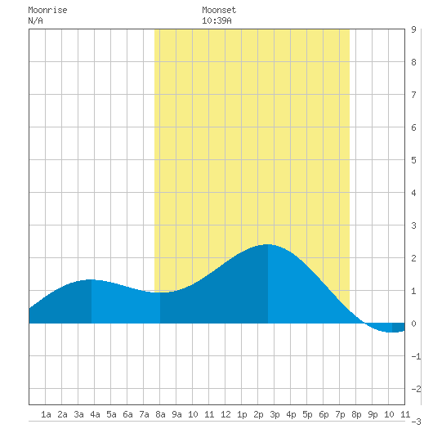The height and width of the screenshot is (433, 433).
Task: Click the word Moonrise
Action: (x=47, y=11)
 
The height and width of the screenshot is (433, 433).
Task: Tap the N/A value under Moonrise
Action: (x=36, y=20)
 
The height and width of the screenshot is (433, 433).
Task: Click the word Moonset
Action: (x=219, y=11)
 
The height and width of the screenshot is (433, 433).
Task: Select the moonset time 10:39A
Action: (x=216, y=20)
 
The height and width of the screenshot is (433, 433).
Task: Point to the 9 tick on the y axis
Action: (x=413, y=29)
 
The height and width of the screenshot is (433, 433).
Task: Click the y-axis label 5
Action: (x=413, y=160)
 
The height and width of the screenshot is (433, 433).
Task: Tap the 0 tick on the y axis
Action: (x=413, y=324)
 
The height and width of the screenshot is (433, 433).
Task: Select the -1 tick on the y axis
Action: (x=416, y=356)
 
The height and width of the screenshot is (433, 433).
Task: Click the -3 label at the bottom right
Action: (x=416, y=422)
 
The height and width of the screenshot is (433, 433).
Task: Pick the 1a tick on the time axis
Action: (x=46, y=414)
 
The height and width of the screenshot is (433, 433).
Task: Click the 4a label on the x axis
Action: (x=95, y=414)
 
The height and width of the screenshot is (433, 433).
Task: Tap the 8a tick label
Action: (x=160, y=414)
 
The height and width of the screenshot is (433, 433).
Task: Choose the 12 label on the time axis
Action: (x=225, y=414)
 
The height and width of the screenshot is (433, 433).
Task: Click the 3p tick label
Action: (x=275, y=414)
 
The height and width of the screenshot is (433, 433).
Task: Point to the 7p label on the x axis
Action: (x=340, y=414)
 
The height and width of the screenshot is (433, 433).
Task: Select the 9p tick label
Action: (x=373, y=414)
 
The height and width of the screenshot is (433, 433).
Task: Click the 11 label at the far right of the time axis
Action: (x=405, y=414)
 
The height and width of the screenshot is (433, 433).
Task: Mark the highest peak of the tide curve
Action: (x=267, y=244)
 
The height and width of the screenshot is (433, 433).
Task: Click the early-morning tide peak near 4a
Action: (x=92, y=279)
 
